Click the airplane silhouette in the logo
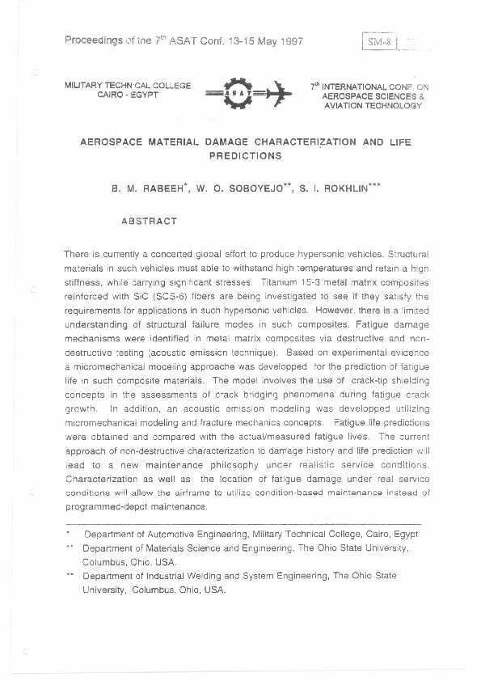pyautogui.click(x=277, y=92)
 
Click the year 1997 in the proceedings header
pyautogui.click(x=288, y=41)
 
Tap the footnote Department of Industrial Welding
pyautogui.click(x=162, y=577)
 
